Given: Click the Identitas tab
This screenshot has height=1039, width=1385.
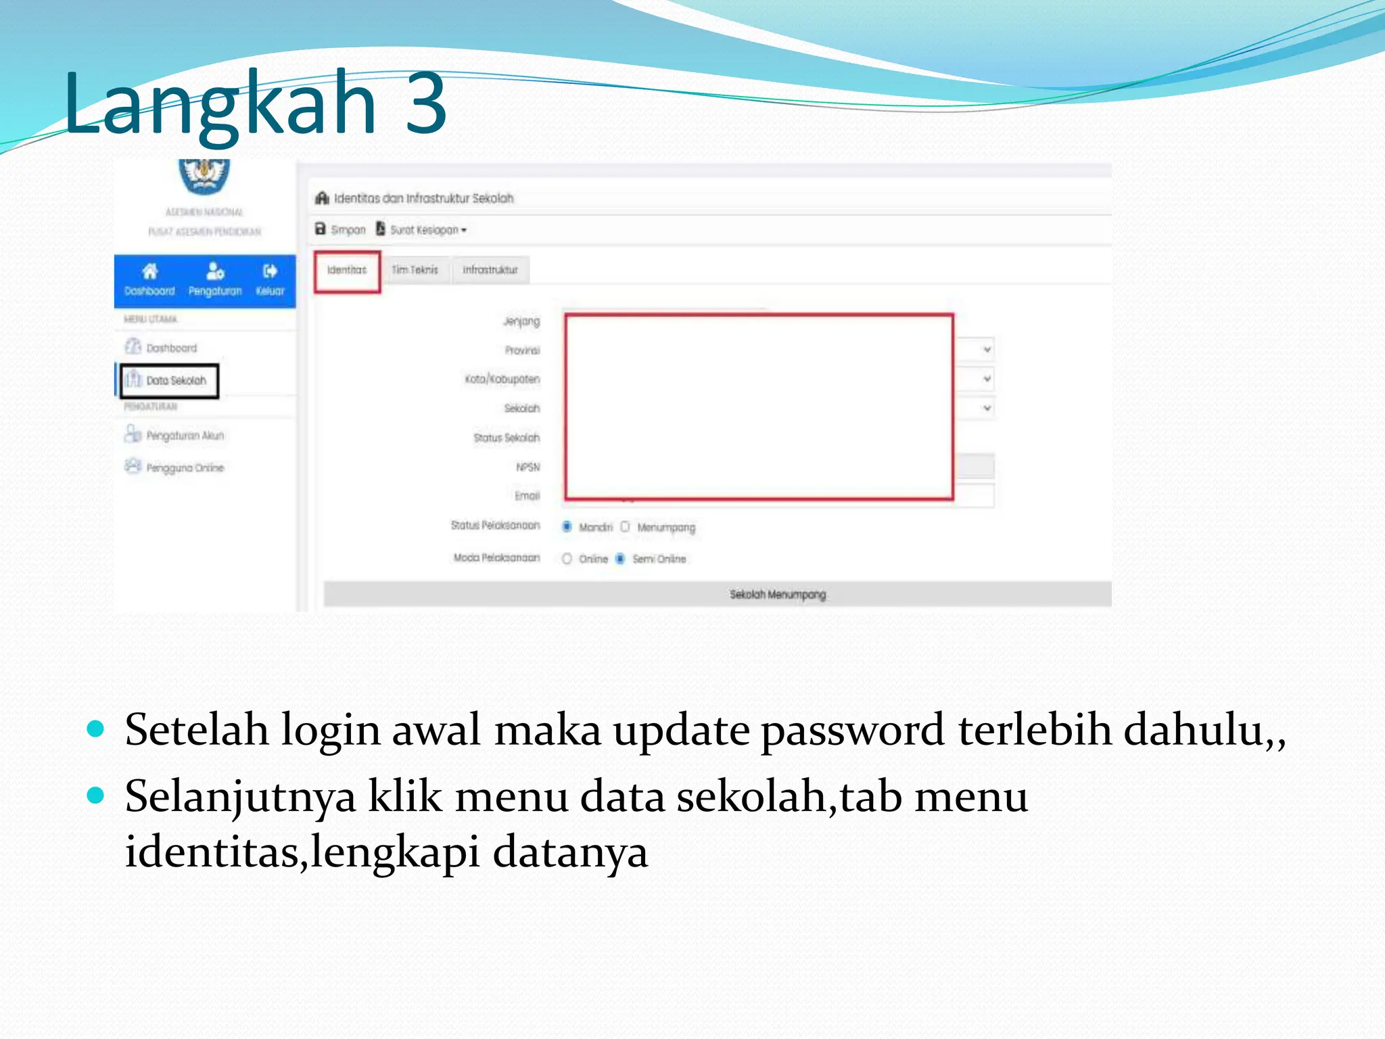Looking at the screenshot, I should coord(347,271).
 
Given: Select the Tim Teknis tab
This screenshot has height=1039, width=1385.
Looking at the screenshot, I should coord(415,271).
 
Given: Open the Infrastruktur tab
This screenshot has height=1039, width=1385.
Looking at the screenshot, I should coord(490,271).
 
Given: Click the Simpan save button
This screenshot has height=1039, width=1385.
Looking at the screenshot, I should coord(340,230).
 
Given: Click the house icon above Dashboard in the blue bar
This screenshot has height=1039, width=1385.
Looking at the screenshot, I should coord(149,272).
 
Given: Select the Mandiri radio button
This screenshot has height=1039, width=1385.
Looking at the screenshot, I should coord(567,527).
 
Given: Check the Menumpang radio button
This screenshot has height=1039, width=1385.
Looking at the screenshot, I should coord(625,527).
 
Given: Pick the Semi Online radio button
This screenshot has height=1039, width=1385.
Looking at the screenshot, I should coord(620,559).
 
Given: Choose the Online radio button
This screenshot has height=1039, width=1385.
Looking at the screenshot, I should coord(567,559).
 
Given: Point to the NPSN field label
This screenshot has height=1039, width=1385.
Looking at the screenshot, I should coord(528,467).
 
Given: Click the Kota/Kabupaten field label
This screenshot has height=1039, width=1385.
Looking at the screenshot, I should coord(502,379).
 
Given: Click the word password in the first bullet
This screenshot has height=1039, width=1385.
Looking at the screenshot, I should coord(853,731).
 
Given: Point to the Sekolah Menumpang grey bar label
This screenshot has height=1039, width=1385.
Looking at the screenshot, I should coord(778,595).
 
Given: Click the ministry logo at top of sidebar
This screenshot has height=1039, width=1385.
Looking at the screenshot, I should coord(204,175).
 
